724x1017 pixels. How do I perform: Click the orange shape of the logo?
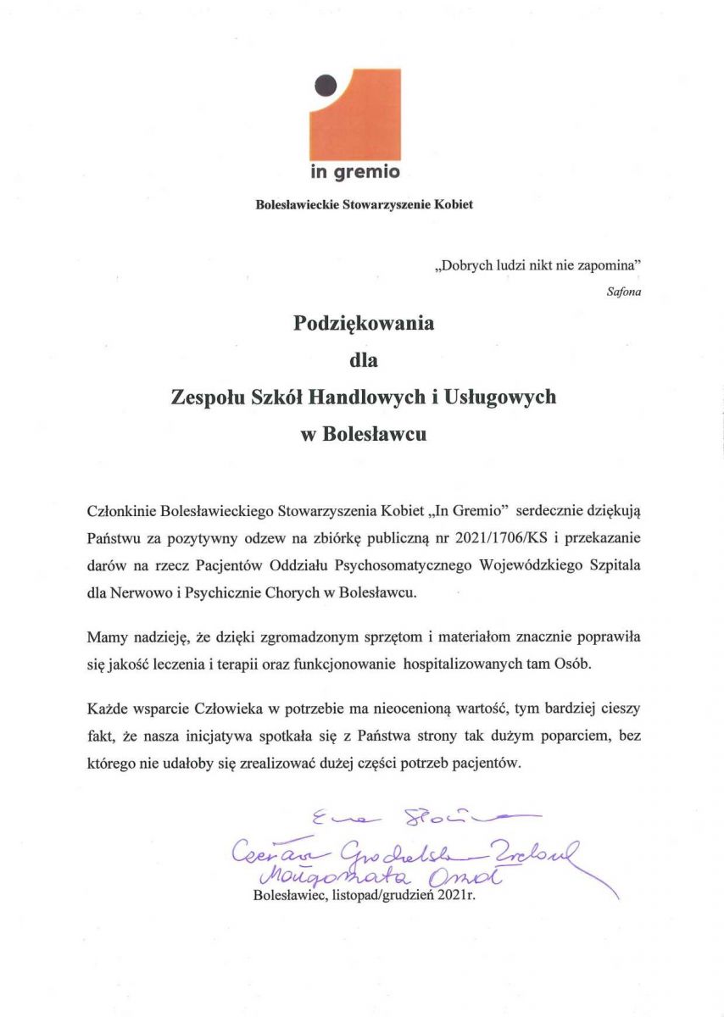coord(365,119)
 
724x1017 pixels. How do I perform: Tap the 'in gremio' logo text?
coord(354,172)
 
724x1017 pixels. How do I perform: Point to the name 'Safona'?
coord(624,293)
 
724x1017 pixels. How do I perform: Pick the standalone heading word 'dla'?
coord(363,360)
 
